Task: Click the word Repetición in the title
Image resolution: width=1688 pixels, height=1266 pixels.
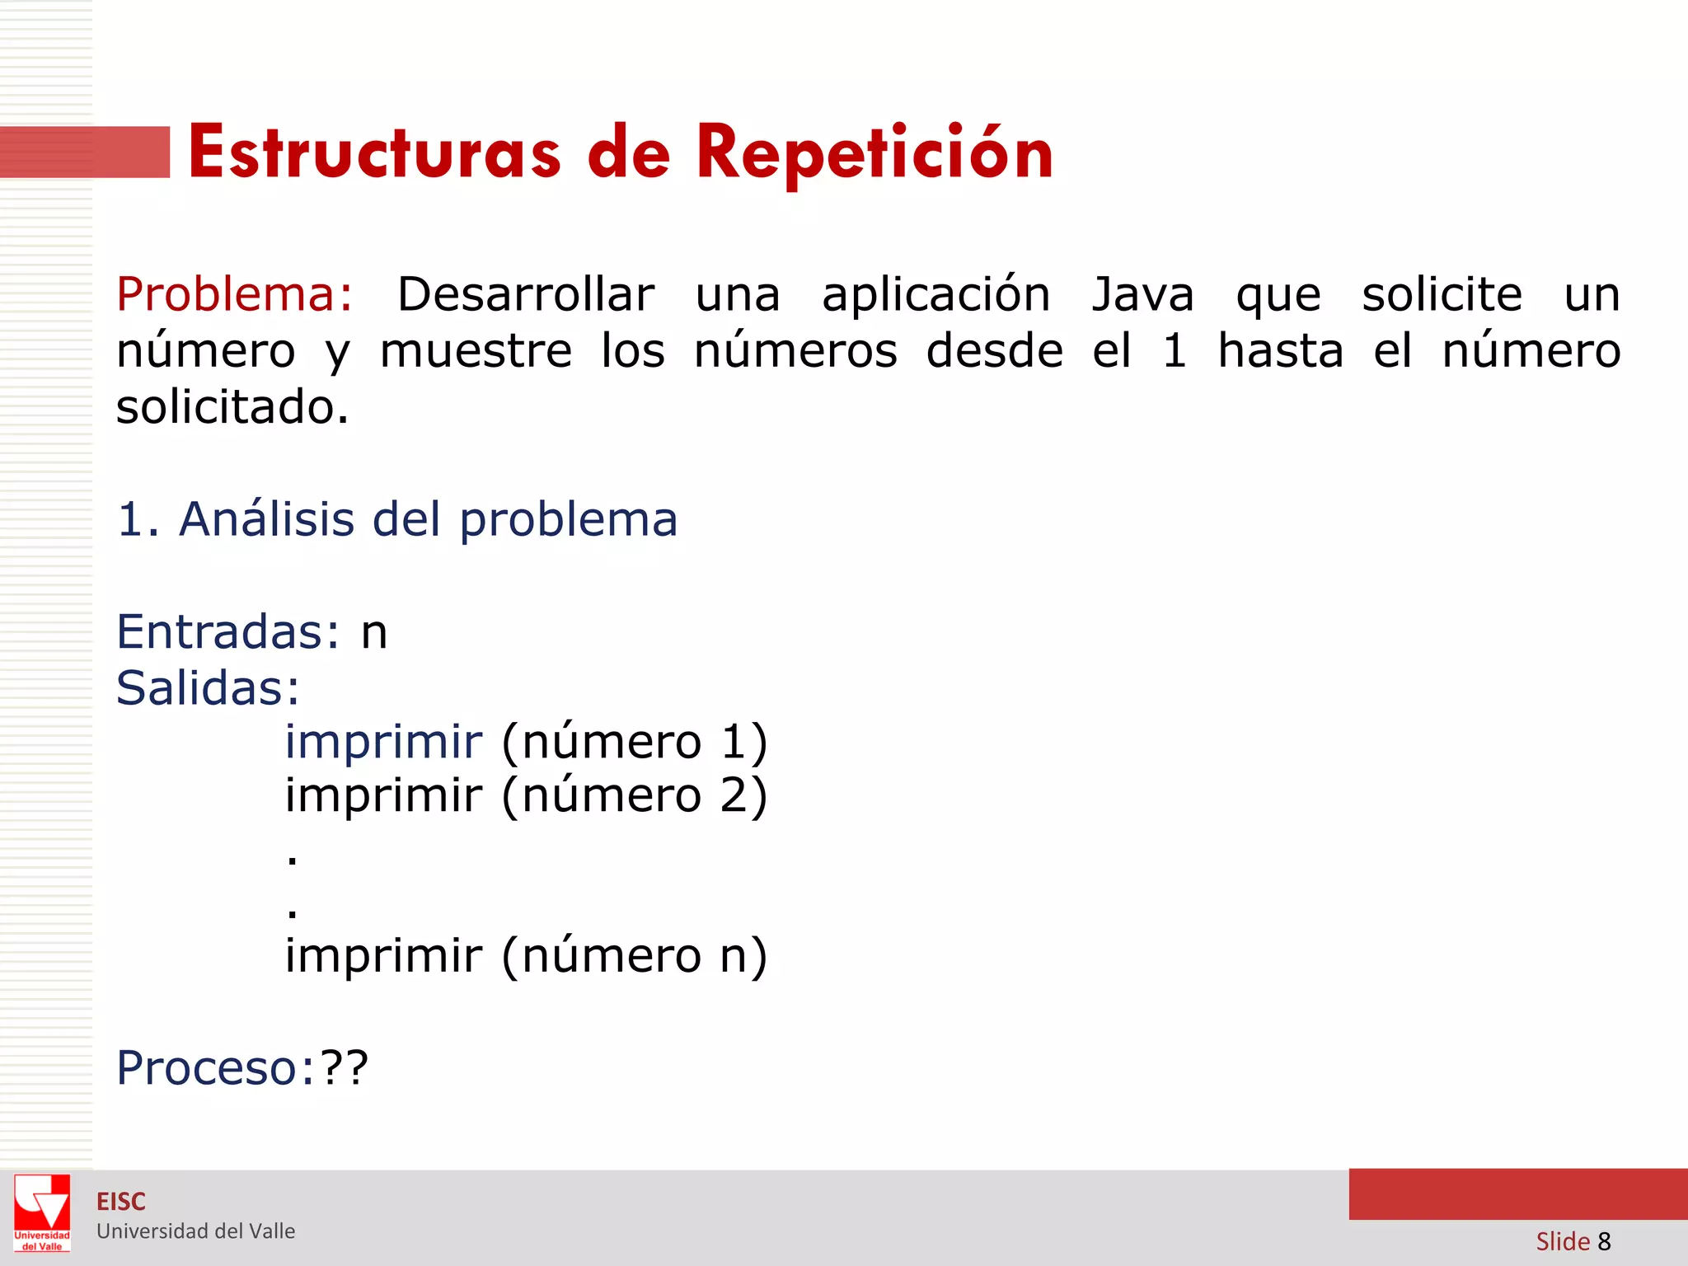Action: click(x=874, y=154)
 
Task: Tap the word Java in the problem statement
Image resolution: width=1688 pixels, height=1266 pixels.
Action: click(x=1142, y=294)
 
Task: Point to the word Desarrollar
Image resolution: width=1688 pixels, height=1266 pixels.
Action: click(x=526, y=294)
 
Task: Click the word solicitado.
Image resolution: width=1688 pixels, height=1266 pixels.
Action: click(x=232, y=407)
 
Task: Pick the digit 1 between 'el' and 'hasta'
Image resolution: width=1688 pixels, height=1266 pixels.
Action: click(x=1175, y=351)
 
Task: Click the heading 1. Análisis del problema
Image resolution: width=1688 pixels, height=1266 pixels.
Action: click(x=397, y=519)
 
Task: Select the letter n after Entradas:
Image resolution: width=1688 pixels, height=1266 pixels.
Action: click(x=374, y=633)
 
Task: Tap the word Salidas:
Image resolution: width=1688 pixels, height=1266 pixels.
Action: click(x=208, y=688)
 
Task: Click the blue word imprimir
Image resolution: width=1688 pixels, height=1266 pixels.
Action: click(x=383, y=742)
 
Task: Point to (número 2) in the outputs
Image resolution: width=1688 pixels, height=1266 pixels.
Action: click(x=635, y=796)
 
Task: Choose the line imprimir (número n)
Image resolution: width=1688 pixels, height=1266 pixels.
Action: click(x=526, y=956)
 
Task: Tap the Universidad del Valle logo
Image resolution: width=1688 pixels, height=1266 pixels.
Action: click(x=42, y=1212)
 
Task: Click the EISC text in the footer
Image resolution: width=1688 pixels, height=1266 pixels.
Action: click(x=121, y=1202)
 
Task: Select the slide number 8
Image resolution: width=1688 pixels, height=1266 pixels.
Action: click(x=1604, y=1241)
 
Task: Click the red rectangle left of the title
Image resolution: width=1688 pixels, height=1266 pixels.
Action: click(x=85, y=152)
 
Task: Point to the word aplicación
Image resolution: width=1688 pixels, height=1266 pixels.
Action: click(x=935, y=294)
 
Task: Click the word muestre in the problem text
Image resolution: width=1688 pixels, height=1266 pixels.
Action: click(x=476, y=351)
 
